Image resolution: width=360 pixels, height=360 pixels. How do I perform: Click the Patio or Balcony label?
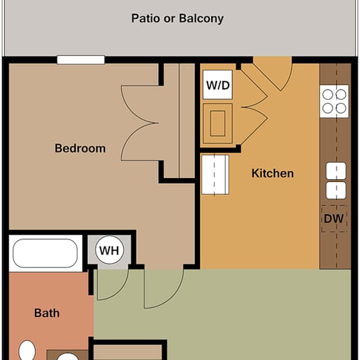[x=177, y=19]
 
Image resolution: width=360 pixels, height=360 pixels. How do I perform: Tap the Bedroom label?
[x=80, y=148]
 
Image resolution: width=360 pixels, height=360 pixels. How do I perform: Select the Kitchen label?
[x=272, y=173]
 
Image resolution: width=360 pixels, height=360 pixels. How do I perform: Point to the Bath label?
[x=47, y=313]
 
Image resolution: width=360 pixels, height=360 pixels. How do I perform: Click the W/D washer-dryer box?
[x=217, y=85]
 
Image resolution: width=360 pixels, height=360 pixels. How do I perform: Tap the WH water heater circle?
[x=109, y=250]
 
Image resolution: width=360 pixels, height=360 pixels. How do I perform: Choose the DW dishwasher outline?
[x=334, y=218]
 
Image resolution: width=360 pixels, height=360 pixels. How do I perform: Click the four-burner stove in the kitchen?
[x=334, y=101]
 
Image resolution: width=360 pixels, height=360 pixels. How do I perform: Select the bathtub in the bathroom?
[x=45, y=253]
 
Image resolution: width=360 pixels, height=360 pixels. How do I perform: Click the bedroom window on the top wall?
[x=81, y=60]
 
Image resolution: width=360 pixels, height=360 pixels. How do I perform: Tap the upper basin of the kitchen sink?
[x=336, y=171]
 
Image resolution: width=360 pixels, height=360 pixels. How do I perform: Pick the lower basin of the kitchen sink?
[x=336, y=191]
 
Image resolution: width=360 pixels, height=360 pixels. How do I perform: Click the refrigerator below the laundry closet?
[x=215, y=175]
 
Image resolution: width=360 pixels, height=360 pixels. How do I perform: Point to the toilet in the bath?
[x=27, y=351]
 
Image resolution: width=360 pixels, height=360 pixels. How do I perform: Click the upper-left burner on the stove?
[x=327, y=94]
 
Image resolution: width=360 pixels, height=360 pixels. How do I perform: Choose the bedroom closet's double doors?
[x=140, y=123]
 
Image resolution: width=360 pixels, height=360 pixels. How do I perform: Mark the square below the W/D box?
[x=217, y=124]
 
